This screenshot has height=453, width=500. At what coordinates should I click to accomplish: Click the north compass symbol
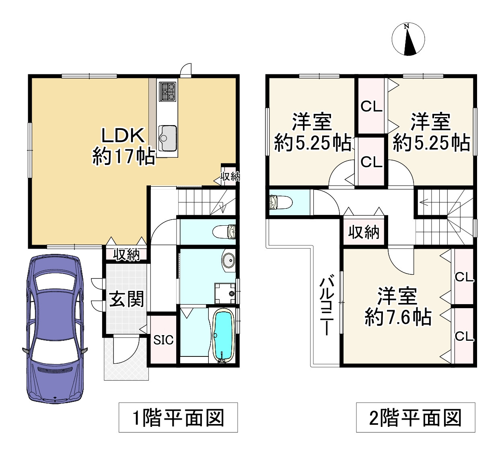click(408, 39)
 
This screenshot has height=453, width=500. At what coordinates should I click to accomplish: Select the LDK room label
click(123, 136)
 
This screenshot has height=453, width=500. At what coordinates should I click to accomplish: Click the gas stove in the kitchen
click(167, 91)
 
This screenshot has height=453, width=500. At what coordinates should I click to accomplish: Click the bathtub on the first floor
click(223, 336)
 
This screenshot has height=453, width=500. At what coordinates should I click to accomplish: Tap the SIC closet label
click(163, 340)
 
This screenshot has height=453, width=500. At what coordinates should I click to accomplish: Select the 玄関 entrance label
click(127, 299)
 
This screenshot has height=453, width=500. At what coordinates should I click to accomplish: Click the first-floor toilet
click(224, 232)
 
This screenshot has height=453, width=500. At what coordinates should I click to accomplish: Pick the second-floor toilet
click(281, 202)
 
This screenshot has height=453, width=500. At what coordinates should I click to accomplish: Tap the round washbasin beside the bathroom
click(228, 261)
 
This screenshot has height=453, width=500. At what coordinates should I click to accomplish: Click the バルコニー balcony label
click(326, 307)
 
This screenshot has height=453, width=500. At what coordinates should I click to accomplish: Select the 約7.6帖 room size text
click(398, 317)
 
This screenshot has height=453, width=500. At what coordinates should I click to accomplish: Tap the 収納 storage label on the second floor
click(364, 232)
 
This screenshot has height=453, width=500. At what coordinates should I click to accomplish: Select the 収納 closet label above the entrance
click(127, 255)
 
